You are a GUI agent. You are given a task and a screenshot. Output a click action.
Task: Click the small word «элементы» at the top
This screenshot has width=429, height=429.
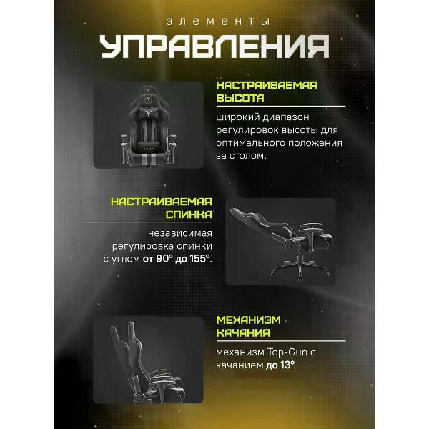[214, 22]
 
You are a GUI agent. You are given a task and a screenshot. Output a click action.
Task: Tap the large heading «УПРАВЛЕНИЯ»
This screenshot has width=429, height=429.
[214, 47]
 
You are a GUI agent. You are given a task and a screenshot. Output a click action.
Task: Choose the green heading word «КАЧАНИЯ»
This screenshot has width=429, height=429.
[243, 333]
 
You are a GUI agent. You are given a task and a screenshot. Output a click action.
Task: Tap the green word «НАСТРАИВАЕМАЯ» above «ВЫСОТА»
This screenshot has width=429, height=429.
[267, 84]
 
